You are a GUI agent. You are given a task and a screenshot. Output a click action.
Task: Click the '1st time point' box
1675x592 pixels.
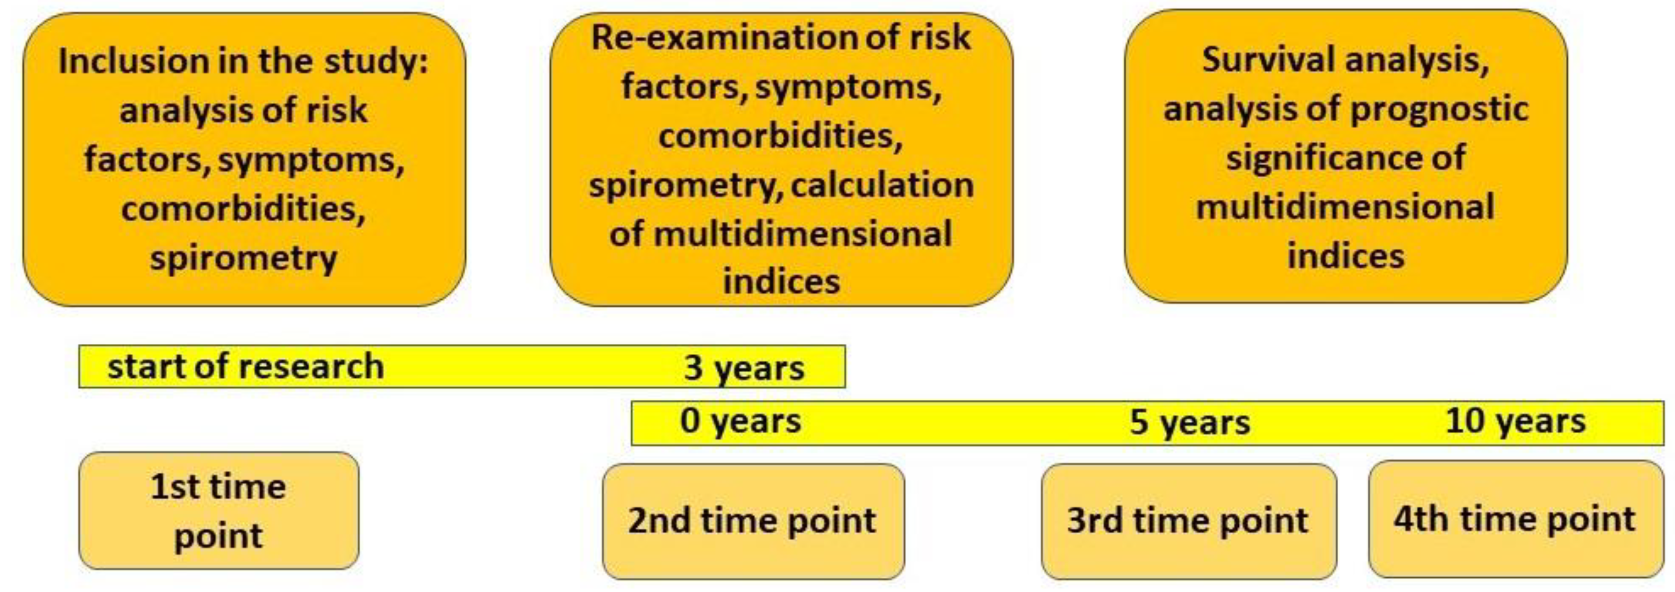coord(218,511)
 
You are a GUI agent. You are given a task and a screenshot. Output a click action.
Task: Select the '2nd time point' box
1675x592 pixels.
coord(753,521)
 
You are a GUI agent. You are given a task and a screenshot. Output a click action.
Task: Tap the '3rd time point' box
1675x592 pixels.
coord(1188,521)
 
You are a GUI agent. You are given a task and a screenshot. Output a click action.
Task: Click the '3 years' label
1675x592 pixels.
coord(744,368)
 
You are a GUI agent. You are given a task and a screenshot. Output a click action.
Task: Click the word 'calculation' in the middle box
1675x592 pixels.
coord(882,185)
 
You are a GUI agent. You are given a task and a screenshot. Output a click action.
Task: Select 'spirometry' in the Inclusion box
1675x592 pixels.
coord(243,259)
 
